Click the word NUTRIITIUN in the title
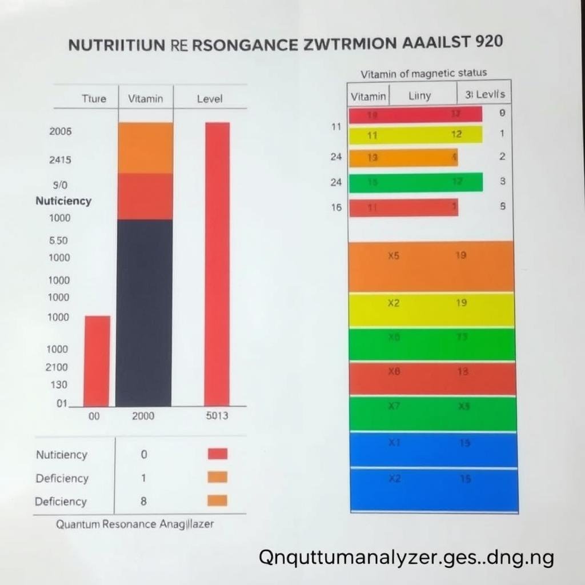point(117,45)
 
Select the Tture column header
point(94,98)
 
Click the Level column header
point(209,99)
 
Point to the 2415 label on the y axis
point(60,160)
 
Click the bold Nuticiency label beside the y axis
point(63,201)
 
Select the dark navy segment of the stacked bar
point(144,312)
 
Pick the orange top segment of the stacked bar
point(145,147)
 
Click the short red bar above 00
point(97,360)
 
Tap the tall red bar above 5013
point(217,263)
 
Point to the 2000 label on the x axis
point(143,416)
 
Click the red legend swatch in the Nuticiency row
point(217,454)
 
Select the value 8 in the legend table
point(143,502)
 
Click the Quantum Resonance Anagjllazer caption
point(135,524)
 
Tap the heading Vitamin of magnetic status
point(424,73)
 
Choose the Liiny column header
point(420,96)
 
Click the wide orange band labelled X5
point(431,266)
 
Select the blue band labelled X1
point(434,450)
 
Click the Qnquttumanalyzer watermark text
point(406,557)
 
